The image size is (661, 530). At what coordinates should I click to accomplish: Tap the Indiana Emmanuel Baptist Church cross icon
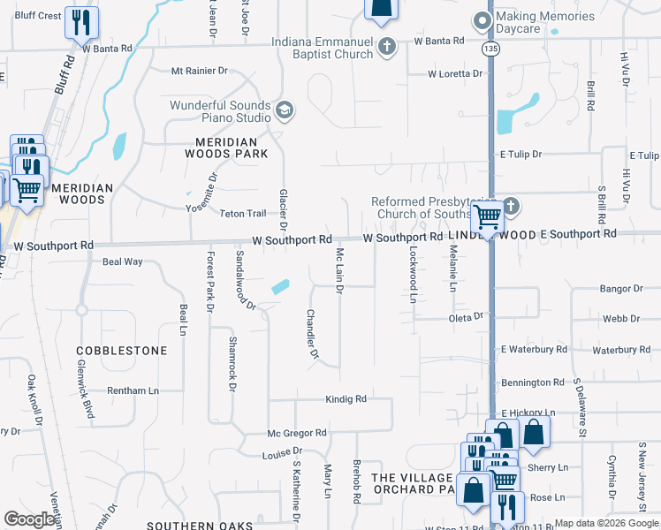pos(386,48)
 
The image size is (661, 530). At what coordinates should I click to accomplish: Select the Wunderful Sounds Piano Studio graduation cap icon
pos(285,110)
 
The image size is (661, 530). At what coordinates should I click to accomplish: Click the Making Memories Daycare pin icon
pos(482,20)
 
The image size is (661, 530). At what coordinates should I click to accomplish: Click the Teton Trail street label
pos(243,214)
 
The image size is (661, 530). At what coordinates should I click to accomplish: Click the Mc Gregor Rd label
pos(298,434)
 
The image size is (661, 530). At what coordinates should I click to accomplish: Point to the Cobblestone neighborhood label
pos(122,351)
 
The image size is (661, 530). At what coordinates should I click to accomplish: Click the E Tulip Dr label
pos(520,154)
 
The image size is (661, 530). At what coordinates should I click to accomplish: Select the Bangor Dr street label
pos(620,289)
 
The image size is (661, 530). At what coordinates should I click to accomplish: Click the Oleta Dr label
pos(467,316)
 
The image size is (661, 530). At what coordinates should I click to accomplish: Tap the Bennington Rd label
pos(532,382)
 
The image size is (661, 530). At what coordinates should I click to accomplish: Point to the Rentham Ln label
pos(133,390)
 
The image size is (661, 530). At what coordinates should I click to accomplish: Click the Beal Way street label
pos(123,261)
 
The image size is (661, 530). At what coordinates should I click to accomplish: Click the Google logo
pos(30,520)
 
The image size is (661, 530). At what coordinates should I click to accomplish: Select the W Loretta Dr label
pos(458,74)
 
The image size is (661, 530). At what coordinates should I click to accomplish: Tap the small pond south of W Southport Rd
pos(280,286)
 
